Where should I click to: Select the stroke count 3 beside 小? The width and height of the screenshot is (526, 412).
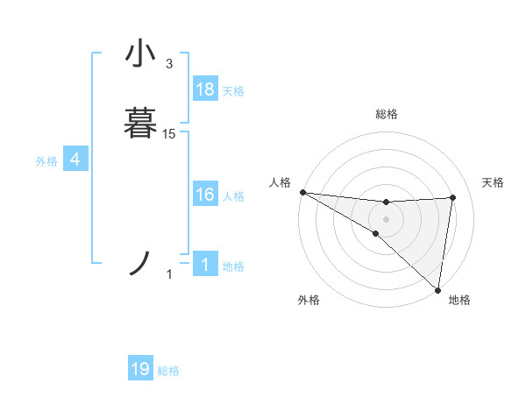[169, 64]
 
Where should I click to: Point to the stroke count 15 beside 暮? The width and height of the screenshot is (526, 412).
[169, 133]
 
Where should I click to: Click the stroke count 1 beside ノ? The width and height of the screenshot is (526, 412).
[169, 275]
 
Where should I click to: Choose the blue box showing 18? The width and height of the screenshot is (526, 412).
[205, 89]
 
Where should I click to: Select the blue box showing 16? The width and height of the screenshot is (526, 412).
[205, 195]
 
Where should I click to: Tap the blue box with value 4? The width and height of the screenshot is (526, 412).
[75, 160]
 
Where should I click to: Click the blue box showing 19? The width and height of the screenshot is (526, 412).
[140, 369]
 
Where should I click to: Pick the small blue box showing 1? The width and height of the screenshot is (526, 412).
[205, 266]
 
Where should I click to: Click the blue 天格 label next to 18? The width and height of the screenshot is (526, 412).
[233, 91]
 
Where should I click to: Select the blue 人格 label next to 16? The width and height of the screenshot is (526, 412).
[233, 196]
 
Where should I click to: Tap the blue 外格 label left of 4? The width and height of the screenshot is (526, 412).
[46, 161]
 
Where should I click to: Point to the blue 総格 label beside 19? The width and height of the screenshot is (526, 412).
[168, 371]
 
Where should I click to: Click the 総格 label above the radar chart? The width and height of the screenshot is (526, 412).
[386, 114]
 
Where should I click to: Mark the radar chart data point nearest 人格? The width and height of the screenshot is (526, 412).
[302, 191]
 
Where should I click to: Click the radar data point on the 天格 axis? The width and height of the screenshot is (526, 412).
[453, 197]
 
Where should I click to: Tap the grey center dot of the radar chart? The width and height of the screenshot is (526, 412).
[386, 219]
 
